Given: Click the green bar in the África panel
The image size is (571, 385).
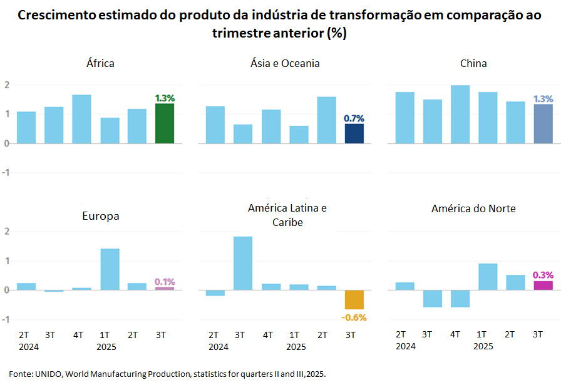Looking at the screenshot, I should [165, 123].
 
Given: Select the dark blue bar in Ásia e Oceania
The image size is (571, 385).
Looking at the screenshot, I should [354, 133].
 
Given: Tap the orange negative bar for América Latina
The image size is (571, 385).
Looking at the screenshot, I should [354, 300].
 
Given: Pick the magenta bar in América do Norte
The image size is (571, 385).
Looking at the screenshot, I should [543, 285].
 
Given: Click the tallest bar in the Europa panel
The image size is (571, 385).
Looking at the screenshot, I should [110, 269].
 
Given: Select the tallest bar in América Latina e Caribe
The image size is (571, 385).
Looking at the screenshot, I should [243, 263].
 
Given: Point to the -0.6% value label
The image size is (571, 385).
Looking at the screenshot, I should [354, 317].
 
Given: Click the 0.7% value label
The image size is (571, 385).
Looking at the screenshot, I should [354, 118].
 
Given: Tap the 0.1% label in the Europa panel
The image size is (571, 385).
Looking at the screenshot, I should [165, 282].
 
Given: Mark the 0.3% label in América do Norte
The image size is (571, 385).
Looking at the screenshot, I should [543, 275].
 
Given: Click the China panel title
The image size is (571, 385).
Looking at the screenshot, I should [473, 63].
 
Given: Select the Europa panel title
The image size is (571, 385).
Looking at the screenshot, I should [101, 216].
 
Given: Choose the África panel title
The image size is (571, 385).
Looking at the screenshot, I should [100, 63].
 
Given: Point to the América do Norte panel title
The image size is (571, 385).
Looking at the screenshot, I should [473, 208].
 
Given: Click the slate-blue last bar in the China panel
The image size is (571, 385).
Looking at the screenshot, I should [543, 123].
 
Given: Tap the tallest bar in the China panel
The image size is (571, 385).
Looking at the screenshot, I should [460, 114].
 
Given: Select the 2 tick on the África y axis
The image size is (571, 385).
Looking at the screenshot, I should [6, 85].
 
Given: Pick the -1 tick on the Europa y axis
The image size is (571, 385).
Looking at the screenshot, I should [6, 319].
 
